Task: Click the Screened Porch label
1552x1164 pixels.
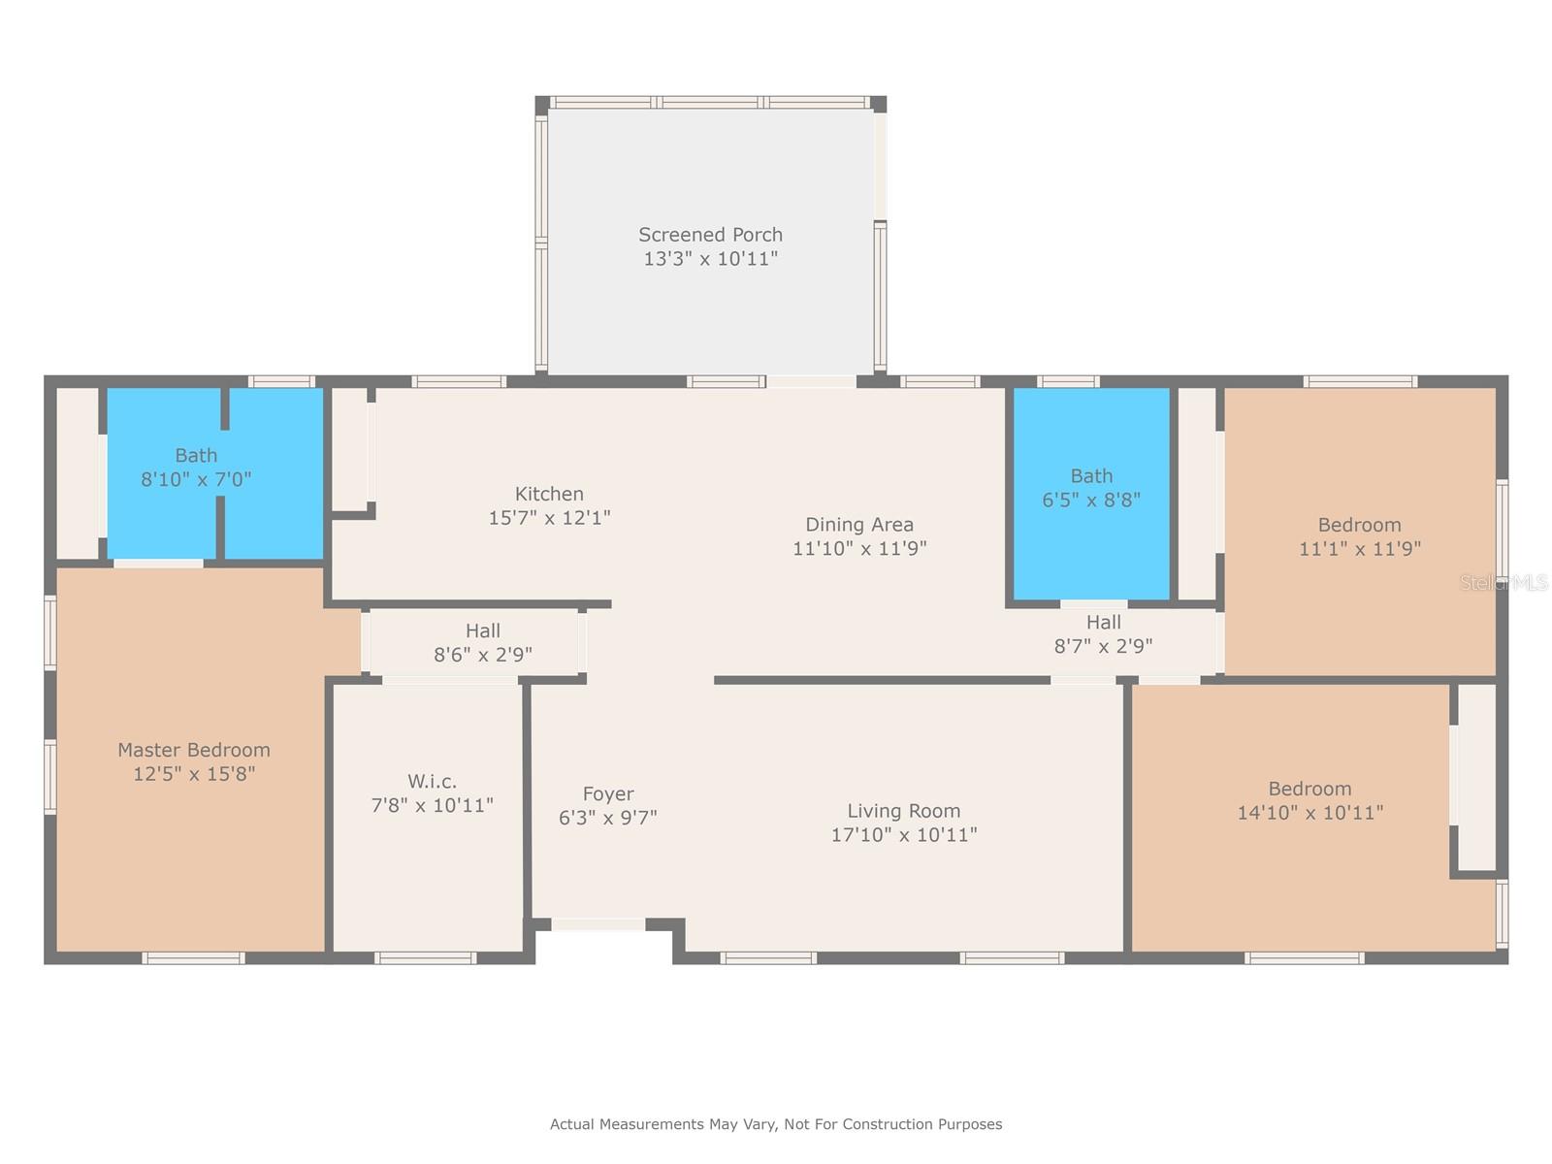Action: [710, 235]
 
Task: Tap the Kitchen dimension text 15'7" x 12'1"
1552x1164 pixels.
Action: [549, 518]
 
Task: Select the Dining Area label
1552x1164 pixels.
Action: [859, 525]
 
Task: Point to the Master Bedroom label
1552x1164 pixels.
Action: [194, 750]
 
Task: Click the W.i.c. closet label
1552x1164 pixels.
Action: [432, 781]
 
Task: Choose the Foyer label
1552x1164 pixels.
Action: [608, 794]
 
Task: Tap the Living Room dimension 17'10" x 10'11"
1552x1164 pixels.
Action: [904, 834]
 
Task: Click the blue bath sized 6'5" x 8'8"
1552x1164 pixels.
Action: [1091, 494]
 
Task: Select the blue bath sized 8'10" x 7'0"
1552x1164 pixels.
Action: [215, 472]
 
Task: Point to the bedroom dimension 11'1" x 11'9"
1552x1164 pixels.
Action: [1360, 548]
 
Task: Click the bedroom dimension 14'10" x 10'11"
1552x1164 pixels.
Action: [1309, 813]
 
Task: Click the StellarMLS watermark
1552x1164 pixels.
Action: [1503, 582]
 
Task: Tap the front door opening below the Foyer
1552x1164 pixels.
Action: [598, 924]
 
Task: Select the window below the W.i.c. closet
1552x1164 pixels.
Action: [425, 958]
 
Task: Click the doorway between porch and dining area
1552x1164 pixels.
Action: [811, 381]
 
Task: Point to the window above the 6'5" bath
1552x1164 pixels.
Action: [1068, 381]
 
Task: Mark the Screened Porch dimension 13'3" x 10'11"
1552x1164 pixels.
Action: [710, 259]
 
